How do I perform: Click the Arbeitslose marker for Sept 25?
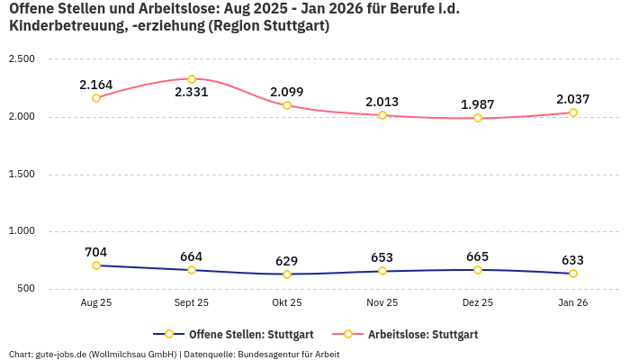click(x=192, y=79)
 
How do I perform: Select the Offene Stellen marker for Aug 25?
click(x=96, y=265)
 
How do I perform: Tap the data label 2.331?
click(x=192, y=93)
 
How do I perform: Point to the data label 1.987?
click(x=478, y=104)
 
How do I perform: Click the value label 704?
click(x=96, y=252)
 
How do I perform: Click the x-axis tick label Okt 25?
click(x=287, y=303)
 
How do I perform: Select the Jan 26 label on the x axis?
click(x=573, y=303)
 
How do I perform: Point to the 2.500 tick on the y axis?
click(x=21, y=59)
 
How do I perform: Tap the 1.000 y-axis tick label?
click(x=21, y=231)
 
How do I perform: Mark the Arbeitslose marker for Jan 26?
click(x=573, y=112)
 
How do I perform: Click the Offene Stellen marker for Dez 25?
click(x=478, y=270)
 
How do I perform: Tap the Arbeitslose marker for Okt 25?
click(x=287, y=105)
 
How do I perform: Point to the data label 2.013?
click(x=382, y=102)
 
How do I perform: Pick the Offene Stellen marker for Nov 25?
click(x=382, y=271)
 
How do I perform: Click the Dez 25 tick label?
click(x=478, y=303)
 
